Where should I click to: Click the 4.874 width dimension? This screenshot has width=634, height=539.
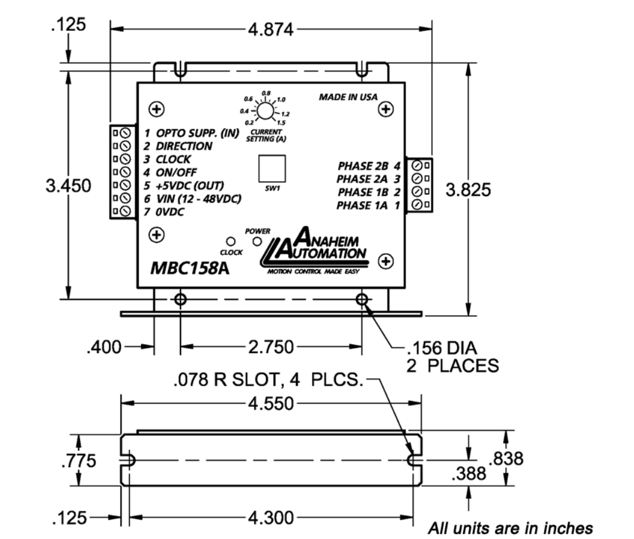point(270,30)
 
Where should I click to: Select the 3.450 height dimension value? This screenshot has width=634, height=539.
point(68,185)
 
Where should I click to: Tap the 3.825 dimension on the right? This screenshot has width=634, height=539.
point(469,190)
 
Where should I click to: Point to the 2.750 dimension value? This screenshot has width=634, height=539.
point(271,347)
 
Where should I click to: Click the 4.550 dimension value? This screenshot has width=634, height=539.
point(271,403)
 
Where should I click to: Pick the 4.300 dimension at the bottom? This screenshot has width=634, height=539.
point(271,518)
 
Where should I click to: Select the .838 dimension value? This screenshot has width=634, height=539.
point(506,459)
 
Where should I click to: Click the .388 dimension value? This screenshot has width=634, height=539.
point(469,473)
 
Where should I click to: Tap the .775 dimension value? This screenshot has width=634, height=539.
point(79,460)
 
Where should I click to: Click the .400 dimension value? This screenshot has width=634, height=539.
point(104,347)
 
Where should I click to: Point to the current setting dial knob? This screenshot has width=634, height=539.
point(266,111)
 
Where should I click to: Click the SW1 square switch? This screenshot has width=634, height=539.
point(272,169)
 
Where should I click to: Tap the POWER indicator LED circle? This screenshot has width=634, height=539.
point(257,242)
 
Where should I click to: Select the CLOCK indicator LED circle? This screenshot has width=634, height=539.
point(230,242)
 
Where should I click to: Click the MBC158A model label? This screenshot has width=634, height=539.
point(190,268)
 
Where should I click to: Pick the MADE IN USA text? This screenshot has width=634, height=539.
point(348,97)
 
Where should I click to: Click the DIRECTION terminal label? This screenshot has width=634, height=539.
point(184,146)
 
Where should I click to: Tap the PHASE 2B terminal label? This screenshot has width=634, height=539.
point(363,166)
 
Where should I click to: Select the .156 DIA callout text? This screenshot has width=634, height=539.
point(442,348)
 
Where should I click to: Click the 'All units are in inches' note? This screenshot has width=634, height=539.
point(510,528)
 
